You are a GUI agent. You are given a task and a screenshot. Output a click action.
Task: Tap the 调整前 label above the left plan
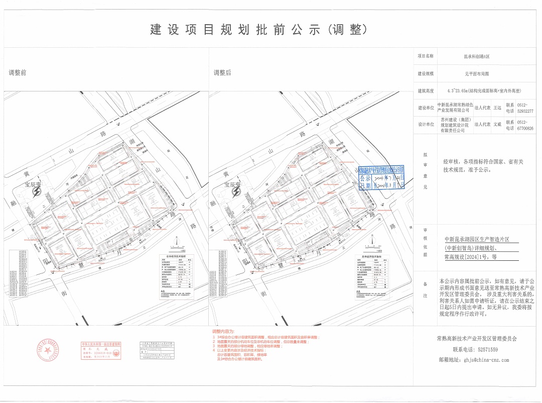tap(18, 73)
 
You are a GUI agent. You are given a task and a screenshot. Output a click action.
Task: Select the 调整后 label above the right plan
tap(222, 73)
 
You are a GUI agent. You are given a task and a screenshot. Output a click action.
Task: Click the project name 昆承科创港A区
tap(476, 57)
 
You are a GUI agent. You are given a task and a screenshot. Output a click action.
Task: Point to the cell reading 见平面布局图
tap(476, 74)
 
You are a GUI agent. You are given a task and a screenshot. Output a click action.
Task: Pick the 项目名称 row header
tap(425, 57)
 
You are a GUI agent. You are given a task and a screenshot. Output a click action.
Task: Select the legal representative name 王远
tap(497, 108)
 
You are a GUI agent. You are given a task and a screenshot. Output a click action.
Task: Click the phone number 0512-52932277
tap(525, 108)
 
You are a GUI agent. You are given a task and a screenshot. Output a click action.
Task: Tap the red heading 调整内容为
tap(223, 332)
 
